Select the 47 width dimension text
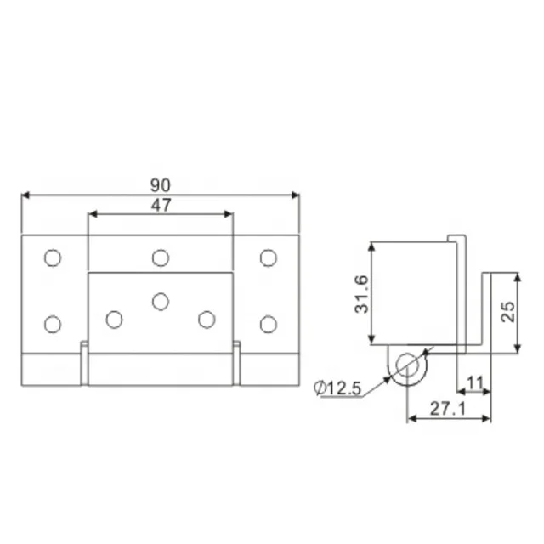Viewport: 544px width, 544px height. click(161, 204)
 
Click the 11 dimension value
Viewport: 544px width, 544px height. click(475, 382)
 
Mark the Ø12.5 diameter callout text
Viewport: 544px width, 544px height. click(337, 388)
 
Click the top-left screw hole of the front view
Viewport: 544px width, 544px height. click(53, 258)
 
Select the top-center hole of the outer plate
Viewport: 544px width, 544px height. click(161, 258)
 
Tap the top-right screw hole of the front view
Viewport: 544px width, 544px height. click(269, 258)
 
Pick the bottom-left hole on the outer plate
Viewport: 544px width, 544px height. click(53, 323)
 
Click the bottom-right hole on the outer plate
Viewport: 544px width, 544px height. click(269, 323)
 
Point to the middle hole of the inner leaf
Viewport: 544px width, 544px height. click(161, 299)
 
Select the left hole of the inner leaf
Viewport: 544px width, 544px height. click(114, 319)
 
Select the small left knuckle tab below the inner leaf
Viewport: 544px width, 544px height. click(84, 364)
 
